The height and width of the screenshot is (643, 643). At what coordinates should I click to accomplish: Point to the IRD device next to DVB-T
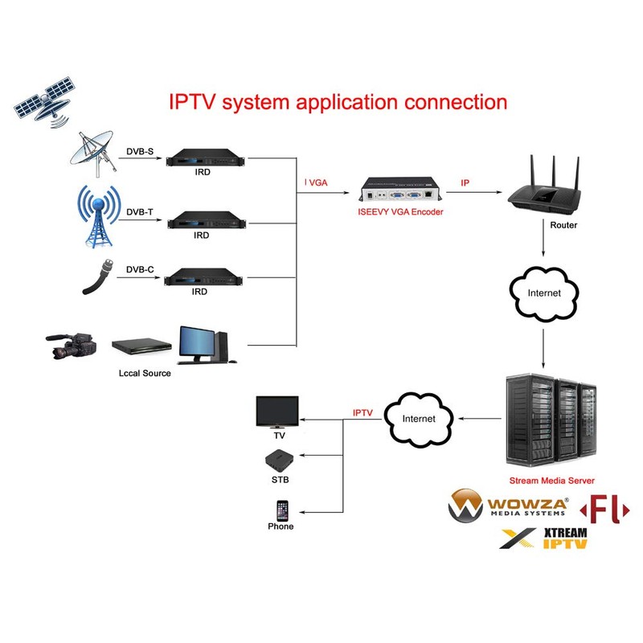pyautogui.click(x=200, y=220)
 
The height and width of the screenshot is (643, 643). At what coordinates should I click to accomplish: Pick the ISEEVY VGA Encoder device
pyautogui.click(x=399, y=192)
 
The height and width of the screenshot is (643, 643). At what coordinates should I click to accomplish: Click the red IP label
pyautogui.click(x=465, y=183)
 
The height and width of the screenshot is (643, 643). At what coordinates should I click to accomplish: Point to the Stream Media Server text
pyautogui.click(x=552, y=481)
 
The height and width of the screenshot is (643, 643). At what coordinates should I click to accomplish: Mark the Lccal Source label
pyautogui.click(x=145, y=373)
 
